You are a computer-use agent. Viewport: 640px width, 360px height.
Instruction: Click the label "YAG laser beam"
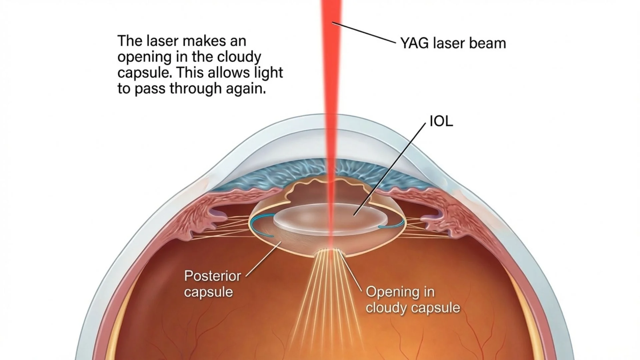[x=453, y=44]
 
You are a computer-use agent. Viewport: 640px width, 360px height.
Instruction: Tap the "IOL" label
[x=441, y=122]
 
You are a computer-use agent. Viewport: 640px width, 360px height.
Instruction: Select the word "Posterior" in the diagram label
[x=212, y=276]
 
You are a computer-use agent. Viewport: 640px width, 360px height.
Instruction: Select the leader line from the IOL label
[x=390, y=168]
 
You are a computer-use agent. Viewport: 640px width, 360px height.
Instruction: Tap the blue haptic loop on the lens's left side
[x=258, y=227]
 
